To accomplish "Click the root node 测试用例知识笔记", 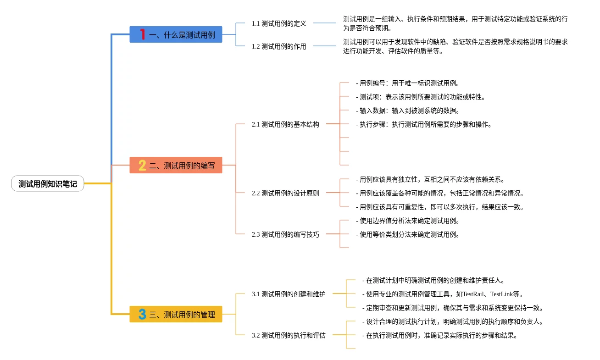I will pyautogui.click(x=48, y=184).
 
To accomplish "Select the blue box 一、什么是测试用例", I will pyautogui.click(x=176, y=34).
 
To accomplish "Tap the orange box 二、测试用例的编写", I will pyautogui.click(x=176, y=165).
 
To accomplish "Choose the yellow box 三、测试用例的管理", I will pyautogui.click(x=176, y=314).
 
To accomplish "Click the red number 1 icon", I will pyautogui.click(x=142, y=34).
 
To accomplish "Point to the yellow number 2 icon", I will pyautogui.click(x=142, y=165).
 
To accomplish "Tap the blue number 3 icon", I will pyautogui.click(x=142, y=314).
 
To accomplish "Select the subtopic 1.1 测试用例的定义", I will pyautogui.click(x=279, y=23).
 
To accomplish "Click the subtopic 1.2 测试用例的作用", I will pyautogui.click(x=279, y=46).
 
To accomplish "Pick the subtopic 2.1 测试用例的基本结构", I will pyautogui.click(x=285, y=124).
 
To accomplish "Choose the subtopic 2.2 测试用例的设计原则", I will pyautogui.click(x=285, y=193).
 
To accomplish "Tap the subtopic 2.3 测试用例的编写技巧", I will pyautogui.click(x=285, y=234).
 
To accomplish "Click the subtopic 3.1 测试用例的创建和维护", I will pyautogui.click(x=289, y=294).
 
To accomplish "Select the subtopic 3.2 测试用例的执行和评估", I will pyautogui.click(x=289, y=335).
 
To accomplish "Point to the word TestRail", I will pyautogui.click(x=473, y=294).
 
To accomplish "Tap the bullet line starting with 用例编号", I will pyautogui.click(x=408, y=83).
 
